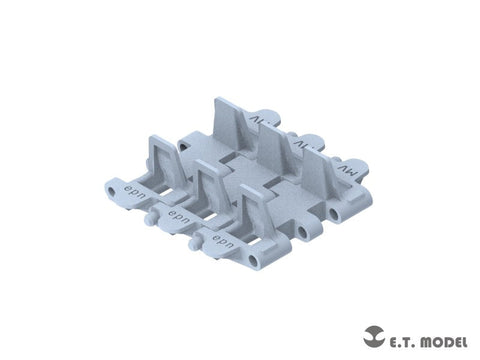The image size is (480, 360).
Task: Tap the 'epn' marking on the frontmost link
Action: click(221, 238)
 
